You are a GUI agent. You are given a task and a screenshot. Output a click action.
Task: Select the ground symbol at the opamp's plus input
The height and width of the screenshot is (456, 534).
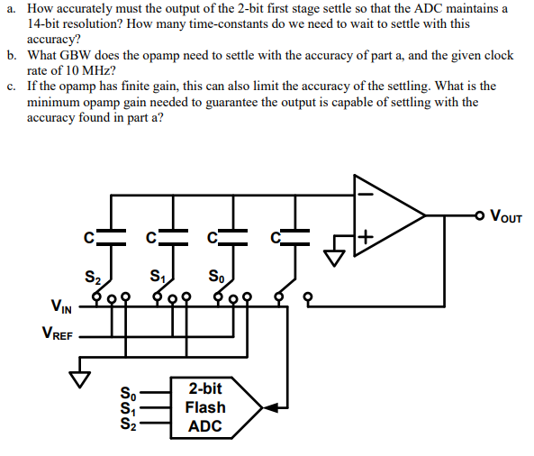(x=334, y=257)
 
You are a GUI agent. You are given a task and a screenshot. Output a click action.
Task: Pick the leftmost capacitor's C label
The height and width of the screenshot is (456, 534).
(x=87, y=238)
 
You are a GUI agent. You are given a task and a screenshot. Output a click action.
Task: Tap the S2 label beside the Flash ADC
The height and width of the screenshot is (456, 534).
(x=129, y=424)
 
